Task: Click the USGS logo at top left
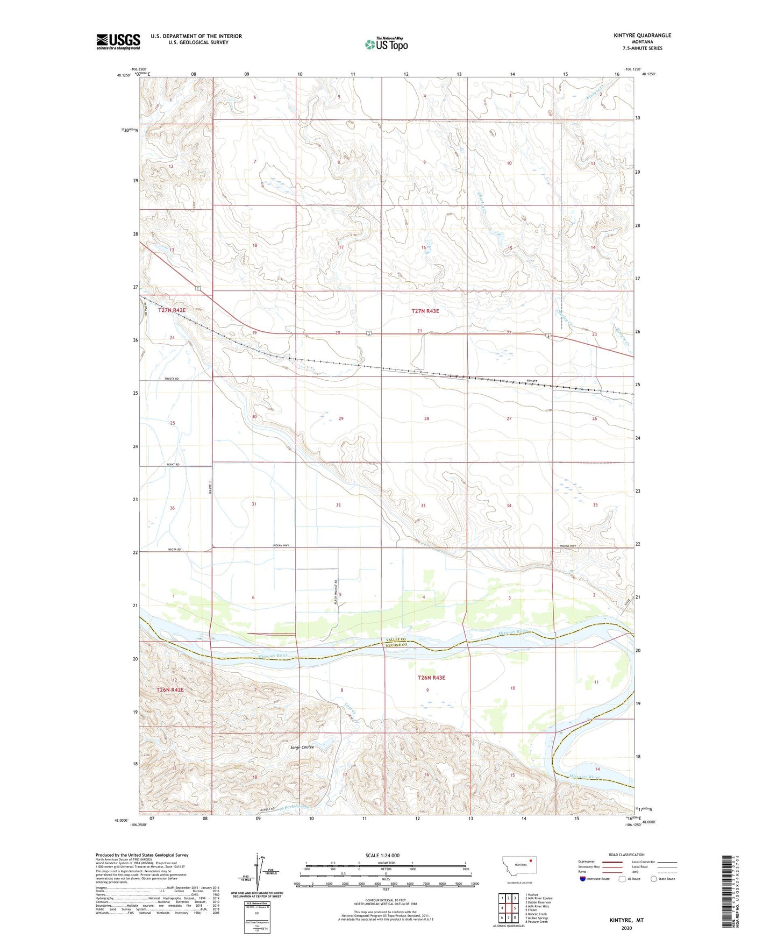point(118,41)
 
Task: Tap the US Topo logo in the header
point(386,44)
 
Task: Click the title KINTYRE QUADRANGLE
point(642,35)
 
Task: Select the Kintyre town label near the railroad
point(531,381)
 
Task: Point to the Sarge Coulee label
point(302,747)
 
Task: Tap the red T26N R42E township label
point(170,689)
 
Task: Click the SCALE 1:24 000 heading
point(382,855)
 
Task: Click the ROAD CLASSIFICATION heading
point(626,855)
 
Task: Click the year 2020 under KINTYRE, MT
point(626,928)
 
